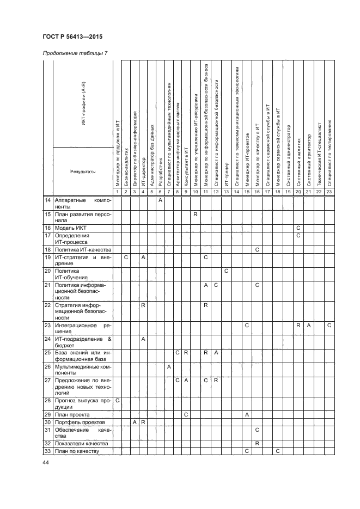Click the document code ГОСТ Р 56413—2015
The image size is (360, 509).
coord(72,36)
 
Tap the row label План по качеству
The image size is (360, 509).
coord(76,451)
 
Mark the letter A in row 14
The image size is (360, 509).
coord(160,201)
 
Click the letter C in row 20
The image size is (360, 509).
coord(225,271)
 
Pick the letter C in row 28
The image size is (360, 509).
coord(118,400)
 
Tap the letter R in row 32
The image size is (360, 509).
coord(257,444)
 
